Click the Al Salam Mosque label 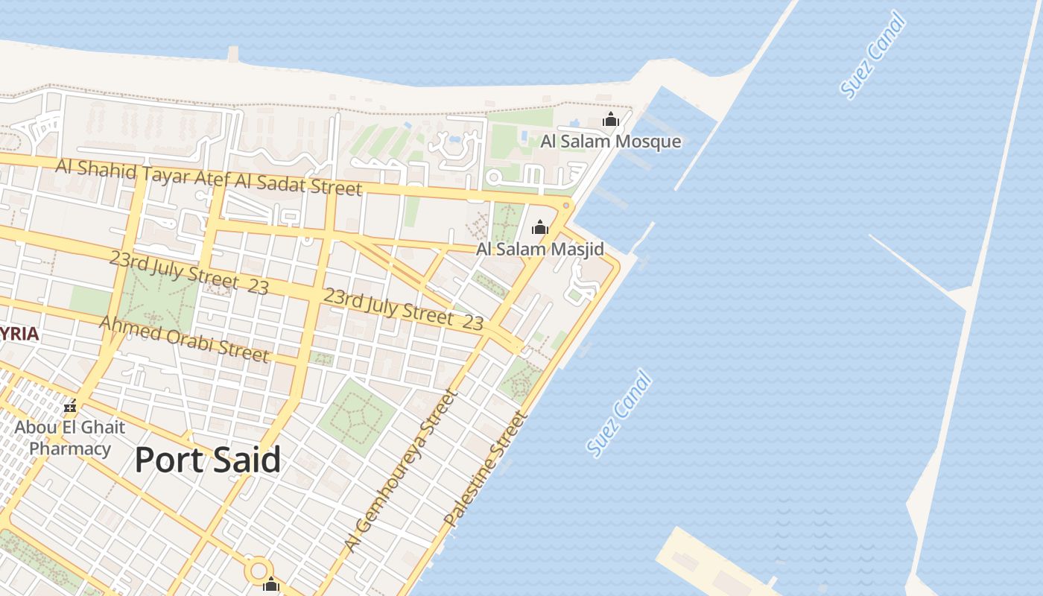[x=610, y=142]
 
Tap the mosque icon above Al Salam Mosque [x=611, y=119]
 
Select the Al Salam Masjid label [x=539, y=249]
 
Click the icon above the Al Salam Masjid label [x=540, y=227]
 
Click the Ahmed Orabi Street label [x=183, y=338]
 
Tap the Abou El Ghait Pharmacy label [x=70, y=438]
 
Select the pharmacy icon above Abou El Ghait [x=70, y=407]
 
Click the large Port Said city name [x=208, y=460]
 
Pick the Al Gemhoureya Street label [x=399, y=471]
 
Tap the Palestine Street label [x=485, y=472]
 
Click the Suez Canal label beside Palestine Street [x=619, y=413]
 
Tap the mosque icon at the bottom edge [x=270, y=586]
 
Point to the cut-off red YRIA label [x=19, y=334]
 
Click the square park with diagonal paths [x=356, y=417]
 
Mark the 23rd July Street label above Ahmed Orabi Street [x=188, y=272]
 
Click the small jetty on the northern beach [x=233, y=54]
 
